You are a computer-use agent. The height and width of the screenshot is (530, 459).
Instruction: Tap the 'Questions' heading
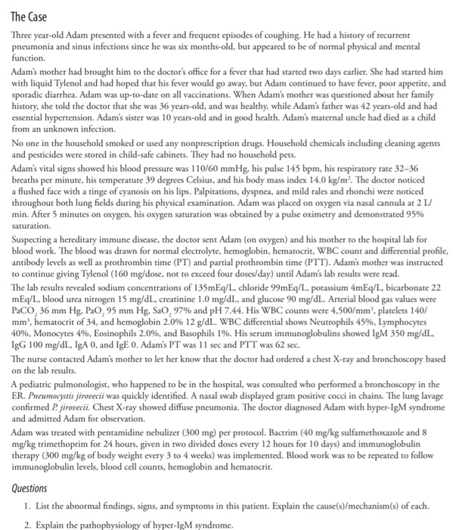[33, 489]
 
